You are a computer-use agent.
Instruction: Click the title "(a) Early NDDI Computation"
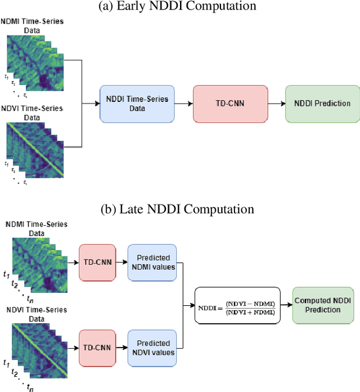click(185, 6)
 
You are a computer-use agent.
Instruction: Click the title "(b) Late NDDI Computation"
click(185, 210)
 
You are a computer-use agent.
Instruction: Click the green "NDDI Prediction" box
click(322, 104)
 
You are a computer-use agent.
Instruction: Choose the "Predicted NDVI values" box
click(152, 348)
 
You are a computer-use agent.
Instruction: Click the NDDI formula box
click(236, 305)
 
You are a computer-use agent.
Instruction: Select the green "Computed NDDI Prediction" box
click(318, 305)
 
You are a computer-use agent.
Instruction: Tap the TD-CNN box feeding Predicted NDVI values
click(97, 348)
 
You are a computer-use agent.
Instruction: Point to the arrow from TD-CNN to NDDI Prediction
click(276, 104)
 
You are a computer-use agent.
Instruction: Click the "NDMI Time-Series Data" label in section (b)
click(36, 228)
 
